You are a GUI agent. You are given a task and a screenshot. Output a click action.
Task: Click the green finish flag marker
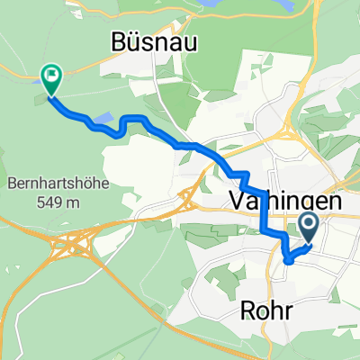tap(50, 80)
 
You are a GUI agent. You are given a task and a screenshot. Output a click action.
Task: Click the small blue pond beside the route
tap(104, 118)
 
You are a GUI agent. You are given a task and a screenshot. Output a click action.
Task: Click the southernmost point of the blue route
tap(288, 260)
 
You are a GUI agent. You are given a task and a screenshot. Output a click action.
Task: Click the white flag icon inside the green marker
tap(50, 77)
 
